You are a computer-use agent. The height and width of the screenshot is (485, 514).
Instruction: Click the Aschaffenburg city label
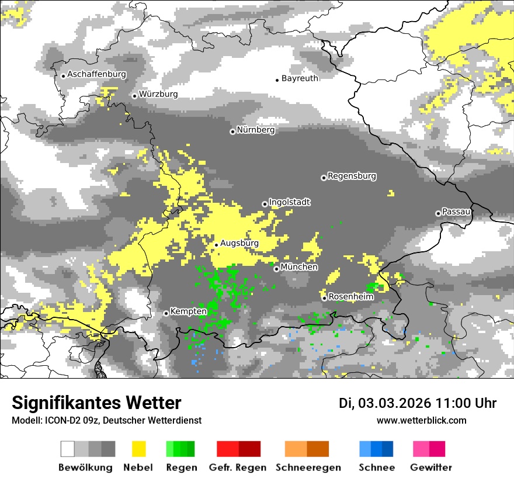coord(96,74)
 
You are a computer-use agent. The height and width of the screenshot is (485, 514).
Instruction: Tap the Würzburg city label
coord(158,94)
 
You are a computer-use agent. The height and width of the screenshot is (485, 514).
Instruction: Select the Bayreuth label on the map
coord(300,78)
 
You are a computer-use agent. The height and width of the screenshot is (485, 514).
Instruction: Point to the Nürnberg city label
coord(256,130)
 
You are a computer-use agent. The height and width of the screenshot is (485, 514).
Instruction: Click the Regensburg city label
coord(352,176)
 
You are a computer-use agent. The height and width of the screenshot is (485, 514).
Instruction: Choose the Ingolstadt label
coord(290,202)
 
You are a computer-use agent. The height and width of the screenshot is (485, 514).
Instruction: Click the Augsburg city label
coord(239,243)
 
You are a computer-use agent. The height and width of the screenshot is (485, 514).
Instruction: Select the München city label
coord(299,267)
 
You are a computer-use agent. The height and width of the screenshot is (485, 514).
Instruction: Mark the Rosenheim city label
coord(350,297)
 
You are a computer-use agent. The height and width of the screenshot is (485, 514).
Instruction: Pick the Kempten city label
coord(188,312)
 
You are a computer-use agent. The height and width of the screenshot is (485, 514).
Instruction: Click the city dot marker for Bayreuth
coord(277,79)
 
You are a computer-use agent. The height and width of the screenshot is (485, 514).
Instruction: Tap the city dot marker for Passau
coord(438,213)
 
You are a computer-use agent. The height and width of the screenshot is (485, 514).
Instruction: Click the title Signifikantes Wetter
coord(96,403)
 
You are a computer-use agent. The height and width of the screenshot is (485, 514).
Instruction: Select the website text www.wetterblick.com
coord(421,420)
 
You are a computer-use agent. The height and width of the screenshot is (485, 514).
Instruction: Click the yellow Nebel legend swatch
coord(138,449)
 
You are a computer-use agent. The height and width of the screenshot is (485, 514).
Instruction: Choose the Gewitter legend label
coord(430,467)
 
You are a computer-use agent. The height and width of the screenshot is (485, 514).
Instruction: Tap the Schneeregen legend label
coord(308,467)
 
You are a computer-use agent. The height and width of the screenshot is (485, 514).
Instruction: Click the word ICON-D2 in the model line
coord(60,420)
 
